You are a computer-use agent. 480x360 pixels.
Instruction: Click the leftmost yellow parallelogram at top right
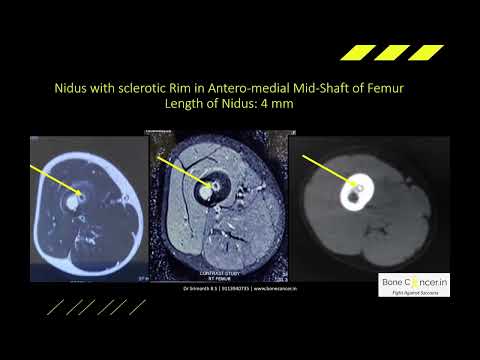pyautogui.click(x=354, y=52)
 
